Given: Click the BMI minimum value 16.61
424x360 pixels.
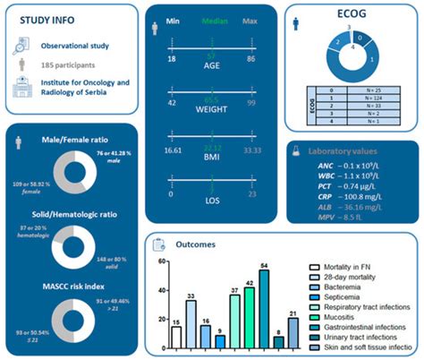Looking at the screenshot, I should point(162,153).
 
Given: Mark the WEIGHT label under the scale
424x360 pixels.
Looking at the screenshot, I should point(213,116).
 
